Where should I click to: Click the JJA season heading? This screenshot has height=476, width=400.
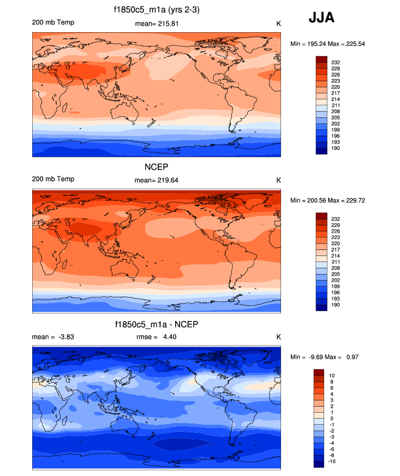click(x=321, y=18)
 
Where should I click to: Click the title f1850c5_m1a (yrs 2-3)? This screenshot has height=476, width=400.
click(x=157, y=10)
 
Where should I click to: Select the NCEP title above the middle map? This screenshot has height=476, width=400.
click(x=157, y=166)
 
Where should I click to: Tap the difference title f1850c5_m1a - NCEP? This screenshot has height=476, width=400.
click(x=157, y=324)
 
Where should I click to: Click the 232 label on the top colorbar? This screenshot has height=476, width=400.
click(x=336, y=63)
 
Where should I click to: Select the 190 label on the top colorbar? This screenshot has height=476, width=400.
click(x=336, y=148)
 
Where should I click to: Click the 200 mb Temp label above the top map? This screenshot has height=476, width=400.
click(x=53, y=22)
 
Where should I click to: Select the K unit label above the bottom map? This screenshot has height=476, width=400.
click(x=278, y=337)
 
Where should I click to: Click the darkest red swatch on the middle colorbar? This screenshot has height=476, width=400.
click(x=321, y=216)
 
